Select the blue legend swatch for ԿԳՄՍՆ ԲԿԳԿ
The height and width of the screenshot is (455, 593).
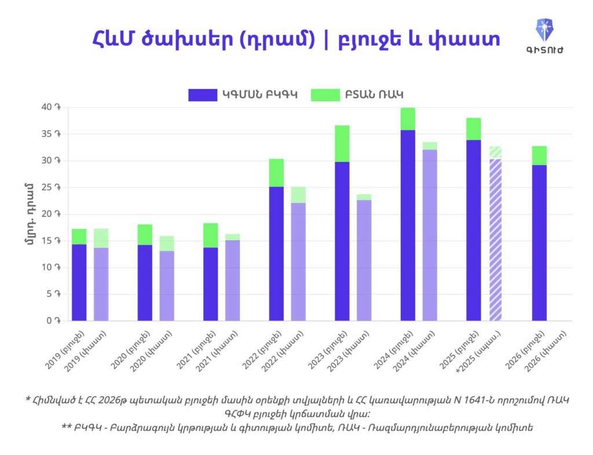pyautogui.click(x=202, y=95)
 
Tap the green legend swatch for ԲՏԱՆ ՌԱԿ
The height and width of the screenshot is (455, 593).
pyautogui.click(x=325, y=95)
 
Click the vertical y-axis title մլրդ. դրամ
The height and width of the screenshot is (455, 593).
pyautogui.click(x=30, y=214)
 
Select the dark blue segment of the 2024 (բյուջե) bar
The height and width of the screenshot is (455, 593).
pyautogui.click(x=408, y=226)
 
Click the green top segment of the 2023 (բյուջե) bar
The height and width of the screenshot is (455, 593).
pyautogui.click(x=342, y=144)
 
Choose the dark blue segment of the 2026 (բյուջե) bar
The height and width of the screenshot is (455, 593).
pyautogui.click(x=539, y=243)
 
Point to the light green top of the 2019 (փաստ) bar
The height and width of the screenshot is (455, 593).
pyautogui.click(x=101, y=238)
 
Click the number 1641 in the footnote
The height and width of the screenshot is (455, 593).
pyautogui.click(x=426, y=401)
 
